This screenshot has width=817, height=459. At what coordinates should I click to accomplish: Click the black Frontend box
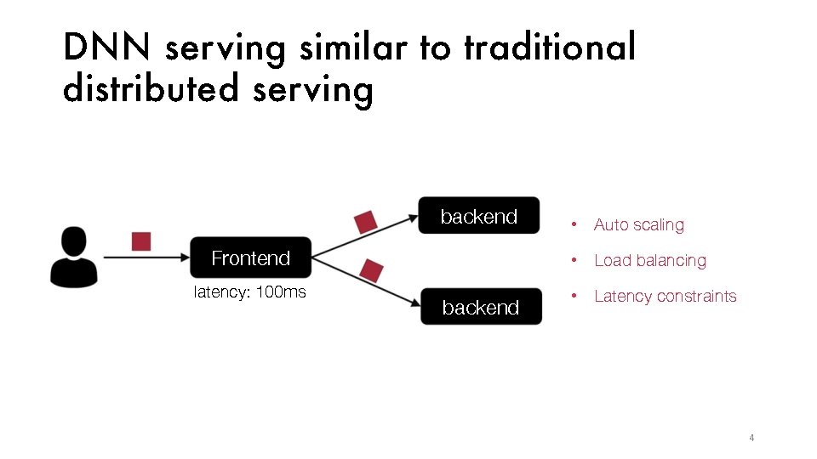pyautogui.click(x=250, y=258)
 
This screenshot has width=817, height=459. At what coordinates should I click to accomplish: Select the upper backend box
pyautogui.click(x=479, y=217)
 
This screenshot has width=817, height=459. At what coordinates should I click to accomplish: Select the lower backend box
pyautogui.click(x=481, y=307)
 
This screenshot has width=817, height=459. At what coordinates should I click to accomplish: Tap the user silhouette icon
pyautogui.click(x=74, y=256)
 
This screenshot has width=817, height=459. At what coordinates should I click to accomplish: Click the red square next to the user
pyautogui.click(x=141, y=241)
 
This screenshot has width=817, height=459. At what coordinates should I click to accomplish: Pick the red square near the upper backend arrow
pyautogui.click(x=365, y=221)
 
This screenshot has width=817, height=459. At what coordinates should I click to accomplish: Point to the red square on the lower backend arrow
pyautogui.click(x=371, y=270)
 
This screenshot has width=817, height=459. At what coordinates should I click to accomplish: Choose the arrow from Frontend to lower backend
pyautogui.click(x=366, y=281)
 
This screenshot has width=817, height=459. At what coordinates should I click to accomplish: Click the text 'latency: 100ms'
pyautogui.click(x=250, y=292)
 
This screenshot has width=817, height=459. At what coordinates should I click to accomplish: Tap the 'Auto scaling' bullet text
pyautogui.click(x=638, y=225)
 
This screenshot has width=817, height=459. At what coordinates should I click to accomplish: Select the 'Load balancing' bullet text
pyautogui.click(x=649, y=261)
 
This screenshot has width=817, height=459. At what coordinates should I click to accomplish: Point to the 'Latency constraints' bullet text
pyautogui.click(x=665, y=297)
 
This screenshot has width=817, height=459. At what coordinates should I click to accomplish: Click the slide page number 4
pyautogui.click(x=751, y=438)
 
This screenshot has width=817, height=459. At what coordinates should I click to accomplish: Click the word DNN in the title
pyautogui.click(x=108, y=48)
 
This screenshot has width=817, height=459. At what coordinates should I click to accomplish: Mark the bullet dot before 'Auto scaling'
pyautogui.click(x=576, y=225)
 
